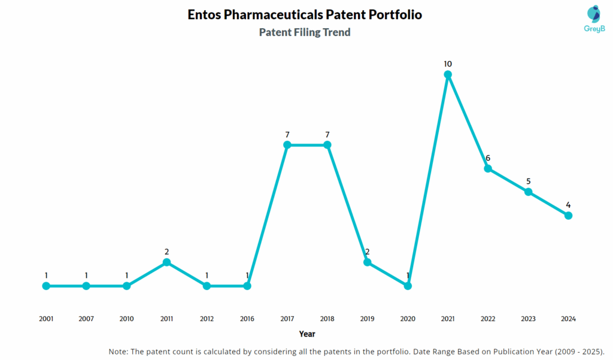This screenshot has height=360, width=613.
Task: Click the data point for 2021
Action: pyautogui.click(x=448, y=74)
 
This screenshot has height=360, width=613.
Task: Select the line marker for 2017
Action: pyautogui.click(x=287, y=145)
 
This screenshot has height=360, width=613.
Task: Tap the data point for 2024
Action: pyautogui.click(x=568, y=216)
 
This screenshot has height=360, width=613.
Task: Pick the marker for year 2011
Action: pyautogui.click(x=166, y=262)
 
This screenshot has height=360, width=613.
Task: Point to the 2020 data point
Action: pyautogui.click(x=408, y=286)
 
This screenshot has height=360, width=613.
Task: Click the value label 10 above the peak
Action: pyautogui.click(x=448, y=63)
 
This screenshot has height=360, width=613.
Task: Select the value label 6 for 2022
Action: pyautogui.click(x=488, y=158)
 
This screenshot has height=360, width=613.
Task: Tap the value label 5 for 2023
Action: pyautogui.click(x=528, y=181)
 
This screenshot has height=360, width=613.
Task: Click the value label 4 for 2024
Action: pyautogui.click(x=568, y=205)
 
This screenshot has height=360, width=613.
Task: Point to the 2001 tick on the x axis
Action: pyautogui.click(x=46, y=319)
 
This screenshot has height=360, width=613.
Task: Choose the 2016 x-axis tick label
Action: pyautogui.click(x=247, y=319)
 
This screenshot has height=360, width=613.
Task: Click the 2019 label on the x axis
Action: pyautogui.click(x=367, y=319)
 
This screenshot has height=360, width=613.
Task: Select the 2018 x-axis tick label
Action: pyautogui.click(x=327, y=319)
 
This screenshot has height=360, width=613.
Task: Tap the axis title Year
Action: pyautogui.click(x=307, y=334)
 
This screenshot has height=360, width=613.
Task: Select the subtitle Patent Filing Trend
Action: pyautogui.click(x=305, y=32)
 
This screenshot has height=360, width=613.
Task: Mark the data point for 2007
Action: pyautogui.click(x=86, y=286)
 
